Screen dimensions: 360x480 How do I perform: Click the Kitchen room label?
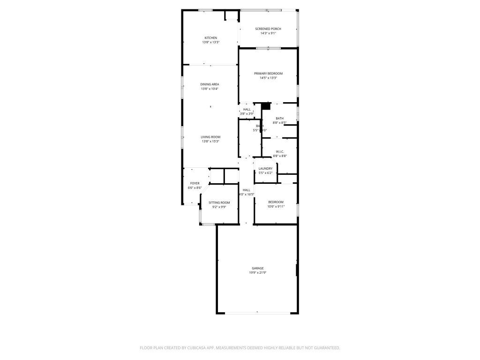click(210, 38)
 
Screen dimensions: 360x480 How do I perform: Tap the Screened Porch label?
click(268, 29)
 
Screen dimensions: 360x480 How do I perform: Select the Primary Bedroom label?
click(268, 74)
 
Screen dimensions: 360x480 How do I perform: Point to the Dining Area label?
click(210, 84)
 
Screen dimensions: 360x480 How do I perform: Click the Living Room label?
click(210, 137)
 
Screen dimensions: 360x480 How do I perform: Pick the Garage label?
click(257, 269)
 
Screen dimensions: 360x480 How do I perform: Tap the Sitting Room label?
click(219, 202)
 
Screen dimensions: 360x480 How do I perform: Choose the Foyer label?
click(195, 183)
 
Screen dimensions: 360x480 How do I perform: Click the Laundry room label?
click(265, 169)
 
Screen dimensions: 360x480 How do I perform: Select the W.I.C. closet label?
click(279, 152)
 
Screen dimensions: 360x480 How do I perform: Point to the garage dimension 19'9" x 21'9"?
click(257, 273)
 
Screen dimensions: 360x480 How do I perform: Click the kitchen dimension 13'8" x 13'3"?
click(210, 42)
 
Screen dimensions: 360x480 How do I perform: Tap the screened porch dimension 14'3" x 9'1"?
click(268, 33)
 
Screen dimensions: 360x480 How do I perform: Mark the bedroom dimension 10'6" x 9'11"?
click(276, 207)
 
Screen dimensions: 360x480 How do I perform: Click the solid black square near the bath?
click(266, 106)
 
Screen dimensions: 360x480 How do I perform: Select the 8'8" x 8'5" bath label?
click(279, 123)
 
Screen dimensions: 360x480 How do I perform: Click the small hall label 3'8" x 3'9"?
click(247, 113)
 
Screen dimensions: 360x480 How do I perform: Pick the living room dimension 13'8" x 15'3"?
click(210, 141)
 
